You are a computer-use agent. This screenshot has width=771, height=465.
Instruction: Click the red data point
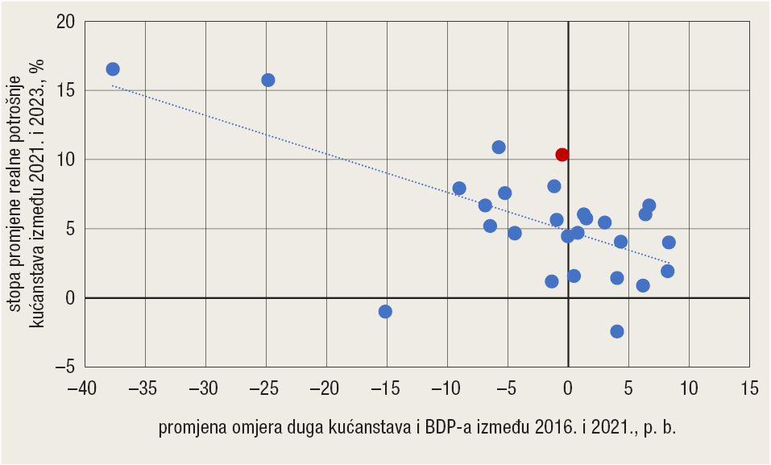coord(562,155)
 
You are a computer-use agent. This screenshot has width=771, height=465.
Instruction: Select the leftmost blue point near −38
coord(113,69)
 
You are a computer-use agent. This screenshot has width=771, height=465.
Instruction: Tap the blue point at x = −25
coord(268,80)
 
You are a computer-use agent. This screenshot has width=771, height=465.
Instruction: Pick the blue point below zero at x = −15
coord(385,312)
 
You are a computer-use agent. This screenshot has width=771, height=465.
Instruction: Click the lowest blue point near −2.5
coord(617,331)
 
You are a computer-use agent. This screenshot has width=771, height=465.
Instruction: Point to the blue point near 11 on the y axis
coord(499,147)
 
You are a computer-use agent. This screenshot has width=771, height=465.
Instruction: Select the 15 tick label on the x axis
coord(749,388)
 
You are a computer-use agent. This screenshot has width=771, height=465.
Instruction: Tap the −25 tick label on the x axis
coord(266,388)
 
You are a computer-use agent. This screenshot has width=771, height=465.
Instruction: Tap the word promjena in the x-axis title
coord(190,427)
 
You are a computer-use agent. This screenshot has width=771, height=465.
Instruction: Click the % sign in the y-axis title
coord(35,68)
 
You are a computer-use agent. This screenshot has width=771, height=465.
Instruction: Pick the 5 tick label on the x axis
coord(628,388)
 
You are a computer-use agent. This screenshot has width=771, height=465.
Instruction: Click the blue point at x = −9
coord(459,189)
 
